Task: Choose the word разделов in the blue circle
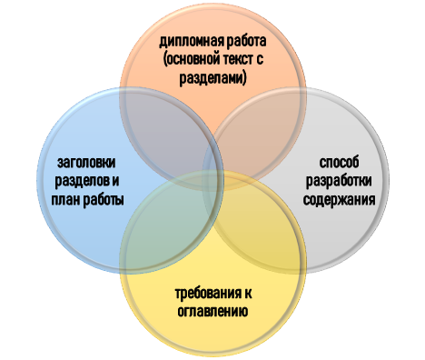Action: coord(75,181)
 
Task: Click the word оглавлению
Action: coord(212,311)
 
